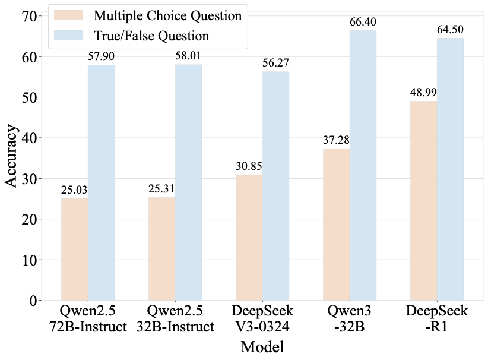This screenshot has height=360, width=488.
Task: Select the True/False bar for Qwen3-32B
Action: [363, 166]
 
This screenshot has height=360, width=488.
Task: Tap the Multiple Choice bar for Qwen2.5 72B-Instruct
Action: [75, 250]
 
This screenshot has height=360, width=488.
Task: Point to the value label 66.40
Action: [363, 23]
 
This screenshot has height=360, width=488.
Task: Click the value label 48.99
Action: [423, 93]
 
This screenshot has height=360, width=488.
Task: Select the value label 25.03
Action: [75, 190]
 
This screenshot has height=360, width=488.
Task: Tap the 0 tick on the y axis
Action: [33, 301]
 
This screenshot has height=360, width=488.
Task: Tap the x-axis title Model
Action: [262, 347]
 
